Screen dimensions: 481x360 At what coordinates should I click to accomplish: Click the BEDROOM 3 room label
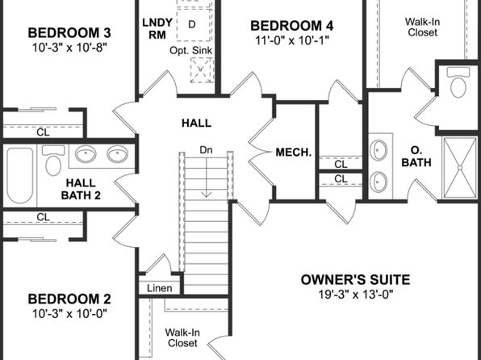click(x=69, y=33)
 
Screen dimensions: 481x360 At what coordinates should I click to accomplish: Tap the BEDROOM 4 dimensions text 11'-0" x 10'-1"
click(x=292, y=40)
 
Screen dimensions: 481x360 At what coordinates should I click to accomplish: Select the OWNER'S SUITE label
click(x=355, y=279)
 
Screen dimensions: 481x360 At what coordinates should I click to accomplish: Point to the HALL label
click(x=196, y=123)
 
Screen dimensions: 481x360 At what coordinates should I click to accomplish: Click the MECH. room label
click(x=294, y=153)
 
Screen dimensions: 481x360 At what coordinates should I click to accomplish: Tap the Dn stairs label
click(x=206, y=150)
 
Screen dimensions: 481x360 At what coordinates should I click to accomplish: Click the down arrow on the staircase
click(x=207, y=175)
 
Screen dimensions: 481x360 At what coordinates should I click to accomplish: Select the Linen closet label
click(x=159, y=288)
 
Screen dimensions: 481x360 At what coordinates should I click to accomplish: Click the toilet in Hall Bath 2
click(x=53, y=161)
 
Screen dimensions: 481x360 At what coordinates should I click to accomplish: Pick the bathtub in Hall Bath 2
click(x=20, y=175)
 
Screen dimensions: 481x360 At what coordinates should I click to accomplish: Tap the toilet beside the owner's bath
click(x=458, y=82)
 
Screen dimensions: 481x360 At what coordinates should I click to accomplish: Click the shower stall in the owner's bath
click(x=460, y=168)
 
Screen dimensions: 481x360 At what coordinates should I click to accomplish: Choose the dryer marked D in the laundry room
click(x=194, y=24)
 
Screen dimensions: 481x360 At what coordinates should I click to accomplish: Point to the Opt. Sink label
click(x=190, y=51)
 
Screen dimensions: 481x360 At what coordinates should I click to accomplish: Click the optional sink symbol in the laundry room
click(x=201, y=70)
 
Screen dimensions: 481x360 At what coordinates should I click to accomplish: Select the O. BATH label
click(x=416, y=157)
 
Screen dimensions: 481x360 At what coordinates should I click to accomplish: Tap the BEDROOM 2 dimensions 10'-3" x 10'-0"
click(x=69, y=313)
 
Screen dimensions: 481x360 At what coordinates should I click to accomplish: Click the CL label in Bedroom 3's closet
click(x=43, y=132)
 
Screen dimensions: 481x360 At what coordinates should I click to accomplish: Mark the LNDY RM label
click(x=157, y=28)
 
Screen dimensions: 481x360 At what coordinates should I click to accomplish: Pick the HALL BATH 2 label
click(x=81, y=189)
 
